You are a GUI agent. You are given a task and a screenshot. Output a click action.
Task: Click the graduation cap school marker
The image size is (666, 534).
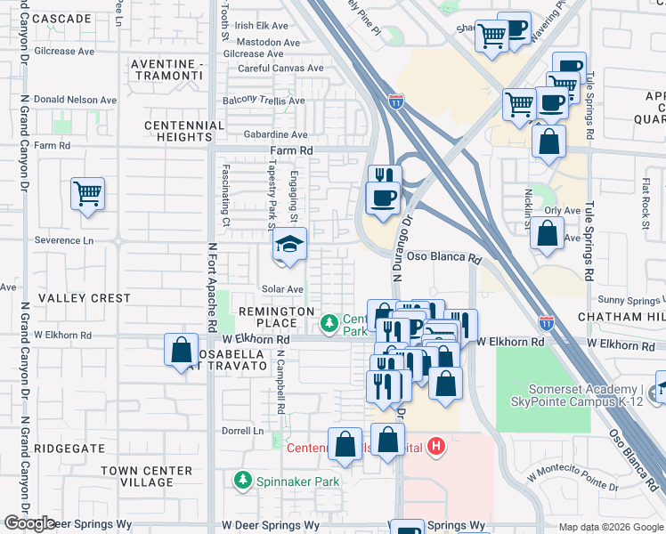coord(288,244)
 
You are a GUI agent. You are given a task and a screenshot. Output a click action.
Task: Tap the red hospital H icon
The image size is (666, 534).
coord(435,446)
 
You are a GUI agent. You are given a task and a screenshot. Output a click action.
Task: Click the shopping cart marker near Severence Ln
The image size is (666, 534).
coord(87,193)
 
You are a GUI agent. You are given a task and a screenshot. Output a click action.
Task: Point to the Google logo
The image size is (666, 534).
coord(29,523)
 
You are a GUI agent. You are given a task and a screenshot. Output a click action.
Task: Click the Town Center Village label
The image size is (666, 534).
coord(146,476)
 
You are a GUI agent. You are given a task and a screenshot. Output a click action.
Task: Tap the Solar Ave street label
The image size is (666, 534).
coord(282,289)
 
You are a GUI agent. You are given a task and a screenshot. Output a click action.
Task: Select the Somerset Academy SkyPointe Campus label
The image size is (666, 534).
coord(583,395)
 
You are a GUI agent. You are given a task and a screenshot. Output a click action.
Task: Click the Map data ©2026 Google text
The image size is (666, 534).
coord(611,526)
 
